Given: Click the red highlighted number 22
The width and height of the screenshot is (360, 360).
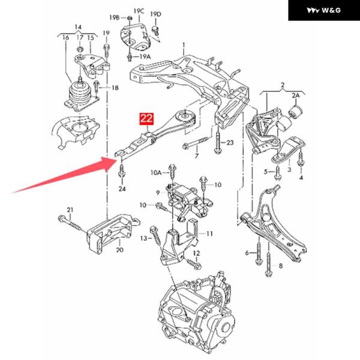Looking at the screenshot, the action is pos(146,118).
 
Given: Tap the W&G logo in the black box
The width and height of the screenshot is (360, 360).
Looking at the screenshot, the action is pos(324,10).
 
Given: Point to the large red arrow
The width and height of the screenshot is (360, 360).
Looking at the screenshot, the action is pos(64,175).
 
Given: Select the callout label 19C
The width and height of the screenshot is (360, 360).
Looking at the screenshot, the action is pos(139,11).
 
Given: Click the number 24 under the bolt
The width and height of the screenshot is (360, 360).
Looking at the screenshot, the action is pos(122,189).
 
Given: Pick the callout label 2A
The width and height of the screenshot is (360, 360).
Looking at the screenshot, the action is pos(296,95).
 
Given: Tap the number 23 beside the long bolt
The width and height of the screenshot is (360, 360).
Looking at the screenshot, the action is pos(230,143).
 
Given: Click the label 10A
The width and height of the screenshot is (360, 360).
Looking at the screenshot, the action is pos(156,172).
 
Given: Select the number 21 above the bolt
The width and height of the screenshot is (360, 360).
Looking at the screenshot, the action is pos(70,209).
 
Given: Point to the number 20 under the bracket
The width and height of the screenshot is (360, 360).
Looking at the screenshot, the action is pos(119,250).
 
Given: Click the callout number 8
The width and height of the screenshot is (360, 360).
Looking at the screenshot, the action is pos(281,266).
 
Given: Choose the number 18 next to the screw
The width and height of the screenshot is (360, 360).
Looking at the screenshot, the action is pos(115,88).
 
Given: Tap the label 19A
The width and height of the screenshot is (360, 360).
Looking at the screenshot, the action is pos(145,56).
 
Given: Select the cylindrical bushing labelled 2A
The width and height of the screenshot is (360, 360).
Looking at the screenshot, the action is pos(296,111).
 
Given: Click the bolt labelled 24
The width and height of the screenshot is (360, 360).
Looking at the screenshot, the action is pos(121,171).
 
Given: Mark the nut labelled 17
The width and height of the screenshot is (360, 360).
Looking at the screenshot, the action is pos(80,50).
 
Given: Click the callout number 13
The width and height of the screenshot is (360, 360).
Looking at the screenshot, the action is pos(143,238).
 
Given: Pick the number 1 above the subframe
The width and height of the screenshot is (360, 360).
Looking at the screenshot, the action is pos(184,44).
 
